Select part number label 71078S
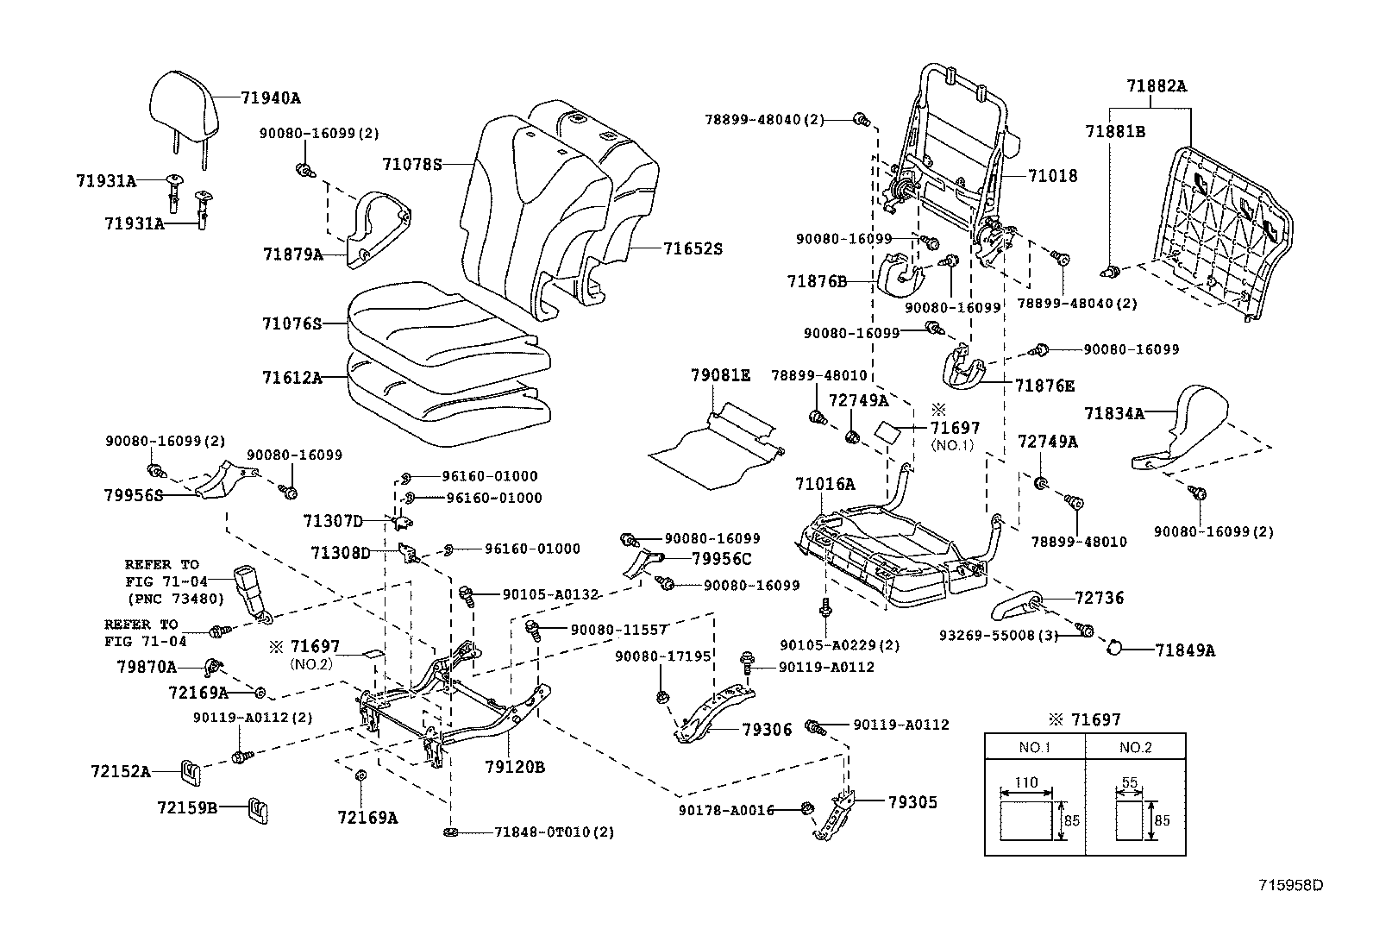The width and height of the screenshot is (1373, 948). pyautogui.click(x=412, y=163)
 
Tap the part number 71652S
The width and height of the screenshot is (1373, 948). pyautogui.click(x=693, y=249)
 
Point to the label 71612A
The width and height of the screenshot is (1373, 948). pyautogui.click(x=292, y=377)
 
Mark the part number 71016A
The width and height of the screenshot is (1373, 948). pyautogui.click(x=824, y=485)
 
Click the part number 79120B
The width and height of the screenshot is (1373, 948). pyautogui.click(x=514, y=767)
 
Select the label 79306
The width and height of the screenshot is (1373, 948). pyautogui.click(x=767, y=730)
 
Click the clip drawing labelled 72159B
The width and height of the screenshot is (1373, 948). pyautogui.click(x=257, y=808)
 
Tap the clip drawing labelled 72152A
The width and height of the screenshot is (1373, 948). pyautogui.click(x=191, y=771)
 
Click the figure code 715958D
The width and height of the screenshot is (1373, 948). pyautogui.click(x=1290, y=885)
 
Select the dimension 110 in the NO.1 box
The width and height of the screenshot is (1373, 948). pyautogui.click(x=1025, y=783)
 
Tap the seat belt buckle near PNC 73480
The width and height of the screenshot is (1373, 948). pyautogui.click(x=250, y=590)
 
